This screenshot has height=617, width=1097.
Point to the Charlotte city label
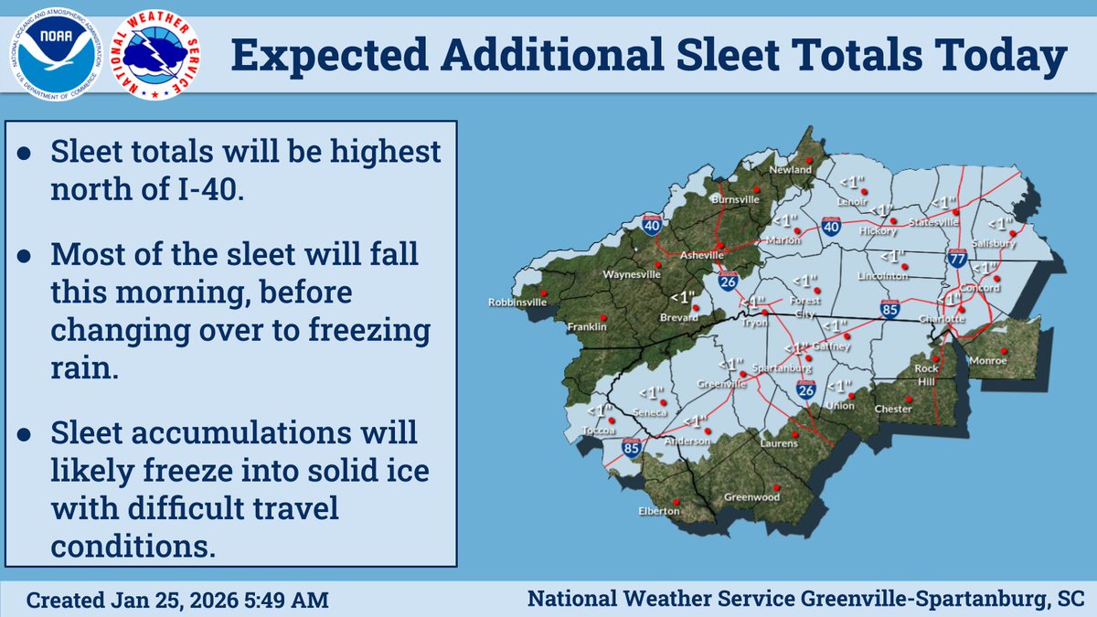943,318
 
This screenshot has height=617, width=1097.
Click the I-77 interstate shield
957,259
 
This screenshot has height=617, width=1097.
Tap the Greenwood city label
751,497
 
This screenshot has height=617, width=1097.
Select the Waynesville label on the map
632,273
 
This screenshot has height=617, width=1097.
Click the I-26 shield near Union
805,389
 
